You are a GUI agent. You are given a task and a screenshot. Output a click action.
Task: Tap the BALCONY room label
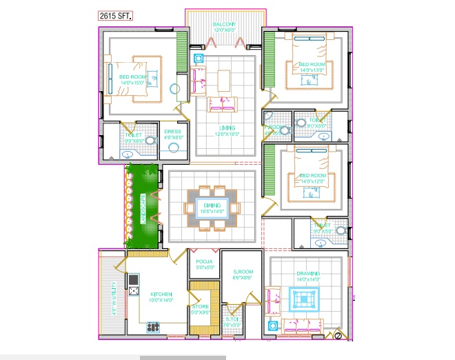click(224, 23)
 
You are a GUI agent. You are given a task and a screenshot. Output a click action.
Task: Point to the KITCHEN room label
click(161, 294)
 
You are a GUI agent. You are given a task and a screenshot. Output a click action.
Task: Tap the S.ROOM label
click(243, 272)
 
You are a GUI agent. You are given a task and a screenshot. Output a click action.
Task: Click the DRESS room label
click(172, 131)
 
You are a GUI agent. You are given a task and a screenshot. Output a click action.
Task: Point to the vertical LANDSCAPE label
click(142, 208)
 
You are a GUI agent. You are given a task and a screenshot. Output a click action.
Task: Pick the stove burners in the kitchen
click(153, 326)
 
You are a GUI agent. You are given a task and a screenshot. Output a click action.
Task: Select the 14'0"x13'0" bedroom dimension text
click(312, 70)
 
